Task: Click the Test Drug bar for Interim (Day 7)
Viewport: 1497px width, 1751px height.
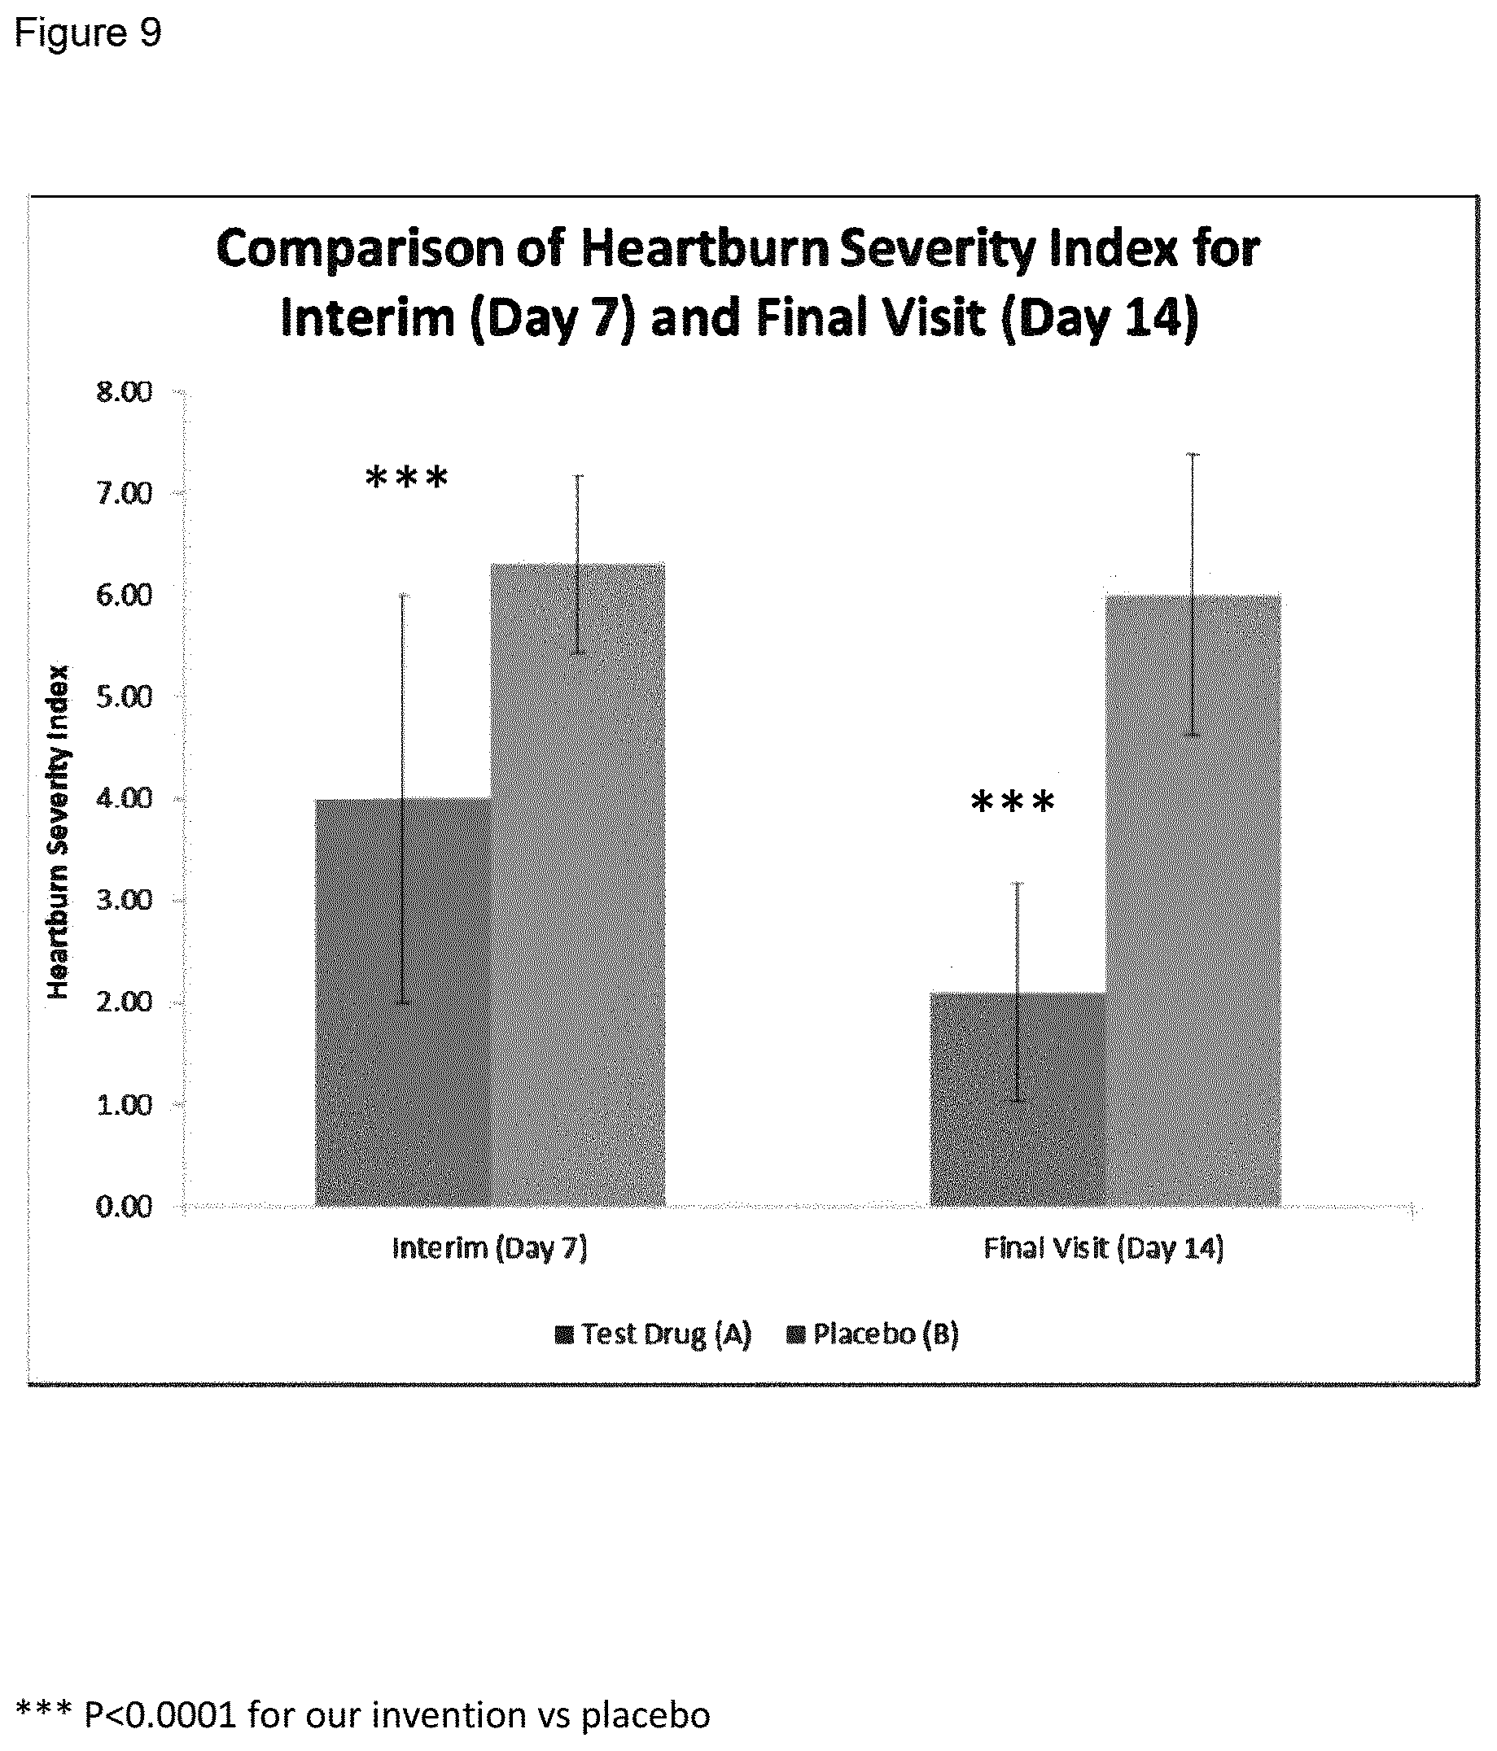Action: pyautogui.click(x=402, y=1002)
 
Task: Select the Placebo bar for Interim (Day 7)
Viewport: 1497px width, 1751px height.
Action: pyautogui.click(x=577, y=884)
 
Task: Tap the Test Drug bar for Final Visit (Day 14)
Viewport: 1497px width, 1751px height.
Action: pyautogui.click(x=1018, y=1098)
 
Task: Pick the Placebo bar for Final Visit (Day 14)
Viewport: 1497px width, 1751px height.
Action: pyautogui.click(x=1193, y=900)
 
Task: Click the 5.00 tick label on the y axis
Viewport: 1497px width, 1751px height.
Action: pyautogui.click(x=124, y=697)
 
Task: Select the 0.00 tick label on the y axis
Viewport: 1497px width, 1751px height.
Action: pyautogui.click(x=124, y=1207)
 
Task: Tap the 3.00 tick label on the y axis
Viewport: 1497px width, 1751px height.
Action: pyautogui.click(x=124, y=901)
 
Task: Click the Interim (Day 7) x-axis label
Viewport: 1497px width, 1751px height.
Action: pyautogui.click(x=489, y=1248)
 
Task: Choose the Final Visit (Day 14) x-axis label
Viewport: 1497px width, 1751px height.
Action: pyautogui.click(x=1104, y=1248)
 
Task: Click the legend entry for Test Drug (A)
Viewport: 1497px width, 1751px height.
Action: pyautogui.click(x=654, y=1335)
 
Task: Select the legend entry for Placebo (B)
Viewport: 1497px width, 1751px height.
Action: pyautogui.click(x=873, y=1335)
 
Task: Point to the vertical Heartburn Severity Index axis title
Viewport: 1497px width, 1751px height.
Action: pyautogui.click(x=58, y=832)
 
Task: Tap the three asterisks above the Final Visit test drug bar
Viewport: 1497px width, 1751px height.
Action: pyautogui.click(x=1013, y=801)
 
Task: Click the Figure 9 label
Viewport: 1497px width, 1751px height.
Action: pyautogui.click(x=88, y=34)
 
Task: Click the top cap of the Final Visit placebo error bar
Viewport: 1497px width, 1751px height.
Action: pyautogui.click(x=1193, y=455)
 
